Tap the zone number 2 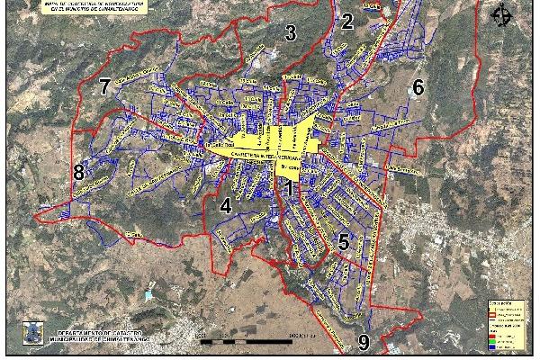pos(347,22)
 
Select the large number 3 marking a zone pos(290,34)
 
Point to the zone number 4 pos(226,206)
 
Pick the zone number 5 pos(343,240)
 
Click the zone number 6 pos(418,87)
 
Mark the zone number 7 pos(105,87)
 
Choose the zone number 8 pos(79,172)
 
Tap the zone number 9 pos(364,342)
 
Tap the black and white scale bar pos(252,338)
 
